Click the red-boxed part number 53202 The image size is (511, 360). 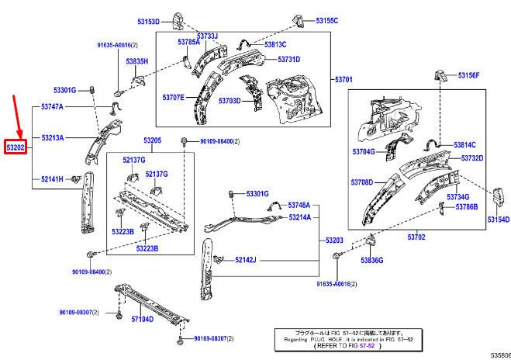pos(16,146)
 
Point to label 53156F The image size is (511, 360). pos(468,75)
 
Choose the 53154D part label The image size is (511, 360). pos(499,220)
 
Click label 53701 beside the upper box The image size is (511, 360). pos(344,80)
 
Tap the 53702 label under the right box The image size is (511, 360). pos(417,236)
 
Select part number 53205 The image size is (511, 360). pos(152,140)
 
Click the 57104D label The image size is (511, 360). pos(142,319)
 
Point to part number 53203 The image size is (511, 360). pos(335,241)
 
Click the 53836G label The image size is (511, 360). pos(372,260)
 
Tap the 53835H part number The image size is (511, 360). pos(137,61)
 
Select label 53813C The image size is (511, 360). pos(275,45)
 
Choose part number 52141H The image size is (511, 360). pos(52,179)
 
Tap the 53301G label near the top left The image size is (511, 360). pos(64,90)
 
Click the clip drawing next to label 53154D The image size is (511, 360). pos(500,197)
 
